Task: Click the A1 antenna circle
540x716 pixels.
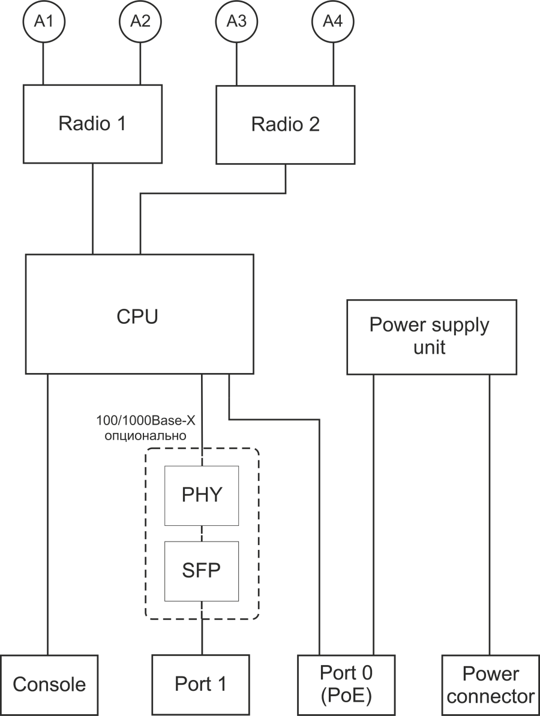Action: [43, 22]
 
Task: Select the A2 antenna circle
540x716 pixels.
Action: [140, 22]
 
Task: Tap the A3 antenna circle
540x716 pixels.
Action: [236, 22]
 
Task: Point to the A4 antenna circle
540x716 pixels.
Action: [333, 22]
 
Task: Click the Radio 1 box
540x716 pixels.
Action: [92, 124]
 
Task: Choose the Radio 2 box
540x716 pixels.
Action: [285, 124]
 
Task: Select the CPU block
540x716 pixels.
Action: [139, 315]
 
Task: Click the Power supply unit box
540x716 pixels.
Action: [431, 337]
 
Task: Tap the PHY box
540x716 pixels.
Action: [202, 495]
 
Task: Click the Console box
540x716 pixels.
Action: [49, 685]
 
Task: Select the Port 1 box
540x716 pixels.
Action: [200, 685]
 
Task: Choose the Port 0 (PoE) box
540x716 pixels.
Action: [346, 685]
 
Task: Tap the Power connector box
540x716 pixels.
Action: [491, 685]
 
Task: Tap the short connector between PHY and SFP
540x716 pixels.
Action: [202, 533]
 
